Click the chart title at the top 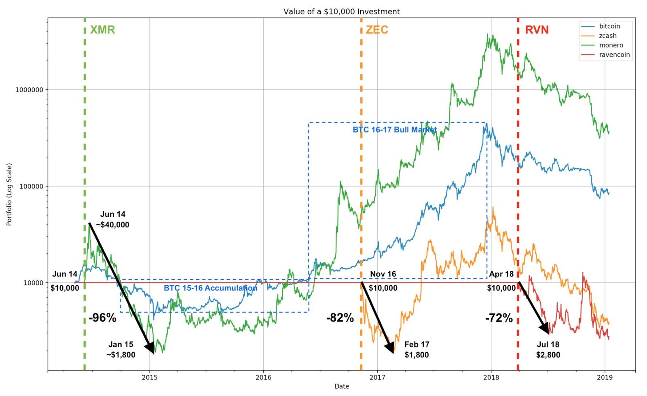pos(342,11)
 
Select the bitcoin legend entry pos(609,26)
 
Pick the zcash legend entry pos(608,36)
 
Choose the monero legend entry pos(611,45)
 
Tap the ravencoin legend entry pos(614,55)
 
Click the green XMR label pos(102,30)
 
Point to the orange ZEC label pos(376,30)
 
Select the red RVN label pos(537,30)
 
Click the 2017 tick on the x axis pos(377,378)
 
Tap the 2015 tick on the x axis pos(150,378)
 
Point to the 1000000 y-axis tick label pos(29,90)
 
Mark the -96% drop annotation pos(103,318)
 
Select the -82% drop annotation pos(340,318)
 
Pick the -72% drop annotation pos(499,318)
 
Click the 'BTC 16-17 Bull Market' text pos(395,130)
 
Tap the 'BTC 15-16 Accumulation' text pos(210,288)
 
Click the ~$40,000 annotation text pos(113,225)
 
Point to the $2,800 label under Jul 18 pos(548,355)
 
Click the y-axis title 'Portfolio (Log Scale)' pos(9,194)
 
